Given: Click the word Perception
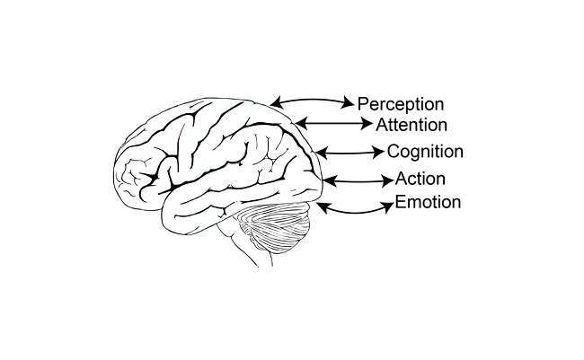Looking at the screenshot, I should [x=402, y=103].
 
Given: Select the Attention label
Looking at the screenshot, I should [x=411, y=125].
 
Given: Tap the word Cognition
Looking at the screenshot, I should [x=425, y=152].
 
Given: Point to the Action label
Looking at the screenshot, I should [x=420, y=180].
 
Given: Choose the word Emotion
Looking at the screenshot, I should [x=428, y=202].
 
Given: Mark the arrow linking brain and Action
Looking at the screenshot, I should [x=357, y=180].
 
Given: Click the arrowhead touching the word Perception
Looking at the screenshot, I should [x=350, y=104].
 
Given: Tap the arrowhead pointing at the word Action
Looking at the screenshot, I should [x=387, y=180].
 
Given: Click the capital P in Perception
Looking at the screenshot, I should [x=364, y=103].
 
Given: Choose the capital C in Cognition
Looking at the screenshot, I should [x=394, y=152].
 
